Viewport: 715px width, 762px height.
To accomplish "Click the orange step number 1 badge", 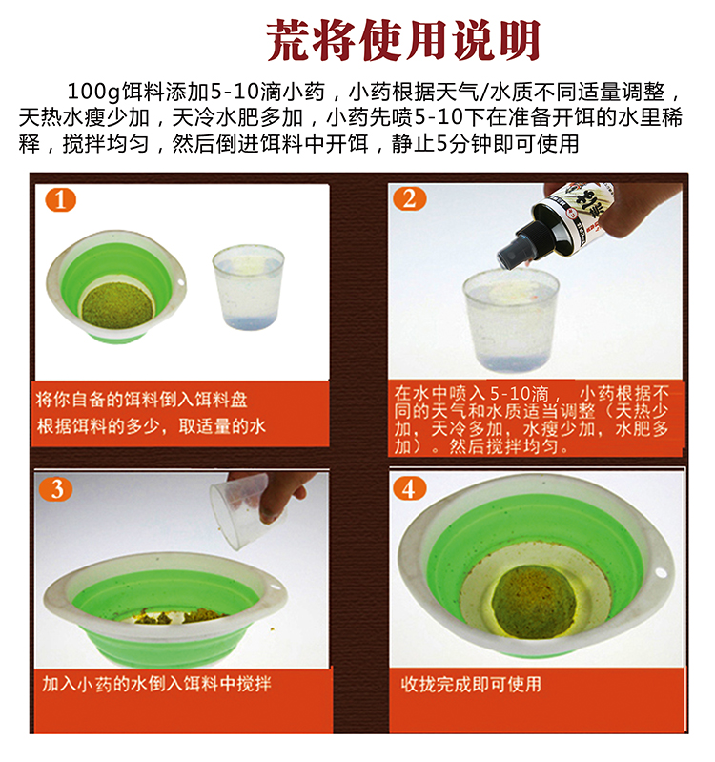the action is point(61,199).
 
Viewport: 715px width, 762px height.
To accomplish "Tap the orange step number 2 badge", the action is point(410,198).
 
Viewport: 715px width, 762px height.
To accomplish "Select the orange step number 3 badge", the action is point(56,489).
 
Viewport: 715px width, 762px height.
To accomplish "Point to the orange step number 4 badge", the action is point(410,488).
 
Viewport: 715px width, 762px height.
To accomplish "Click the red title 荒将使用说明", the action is point(403,40).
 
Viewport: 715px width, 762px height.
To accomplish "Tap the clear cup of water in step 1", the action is point(248,287).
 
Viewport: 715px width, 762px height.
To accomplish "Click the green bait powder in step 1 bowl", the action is point(117,304).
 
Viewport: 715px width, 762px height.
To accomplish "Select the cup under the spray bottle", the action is point(510,320).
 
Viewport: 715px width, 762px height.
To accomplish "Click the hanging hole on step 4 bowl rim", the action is point(661,571).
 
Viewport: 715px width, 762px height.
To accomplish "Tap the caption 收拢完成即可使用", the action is point(471,684).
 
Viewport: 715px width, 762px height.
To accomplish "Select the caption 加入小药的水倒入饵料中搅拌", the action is point(156,683).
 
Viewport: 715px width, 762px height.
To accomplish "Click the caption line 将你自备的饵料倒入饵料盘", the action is point(141,400).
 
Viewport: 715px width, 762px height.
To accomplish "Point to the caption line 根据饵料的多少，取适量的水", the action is point(152,426).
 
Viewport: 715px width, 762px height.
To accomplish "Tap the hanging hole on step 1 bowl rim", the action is point(181,281).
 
